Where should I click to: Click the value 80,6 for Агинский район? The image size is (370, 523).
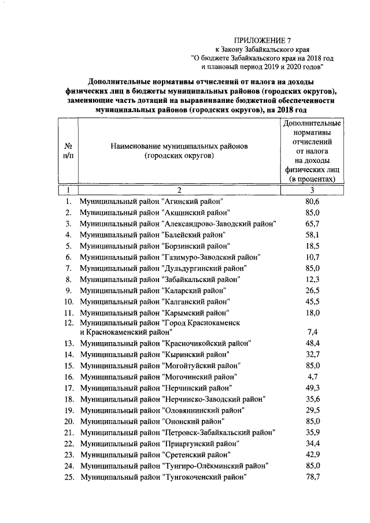[312, 201]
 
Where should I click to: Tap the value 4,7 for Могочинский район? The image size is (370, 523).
[312, 376]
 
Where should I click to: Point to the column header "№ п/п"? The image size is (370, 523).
[68, 152]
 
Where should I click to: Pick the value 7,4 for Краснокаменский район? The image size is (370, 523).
[312, 333]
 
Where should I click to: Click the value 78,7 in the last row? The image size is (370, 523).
[312, 477]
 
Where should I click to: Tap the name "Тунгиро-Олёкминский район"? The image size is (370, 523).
[174, 466]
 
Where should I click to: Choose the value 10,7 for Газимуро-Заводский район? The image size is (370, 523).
[312, 257]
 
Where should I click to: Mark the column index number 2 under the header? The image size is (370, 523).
[179, 190]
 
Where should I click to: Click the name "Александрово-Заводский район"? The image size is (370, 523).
[178, 224]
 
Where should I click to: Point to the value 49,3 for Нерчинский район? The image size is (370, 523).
[312, 388]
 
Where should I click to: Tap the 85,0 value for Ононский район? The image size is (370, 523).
[312, 421]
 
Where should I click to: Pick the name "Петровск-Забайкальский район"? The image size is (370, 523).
[177, 432]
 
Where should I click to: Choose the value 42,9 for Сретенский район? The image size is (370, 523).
[312, 455]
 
